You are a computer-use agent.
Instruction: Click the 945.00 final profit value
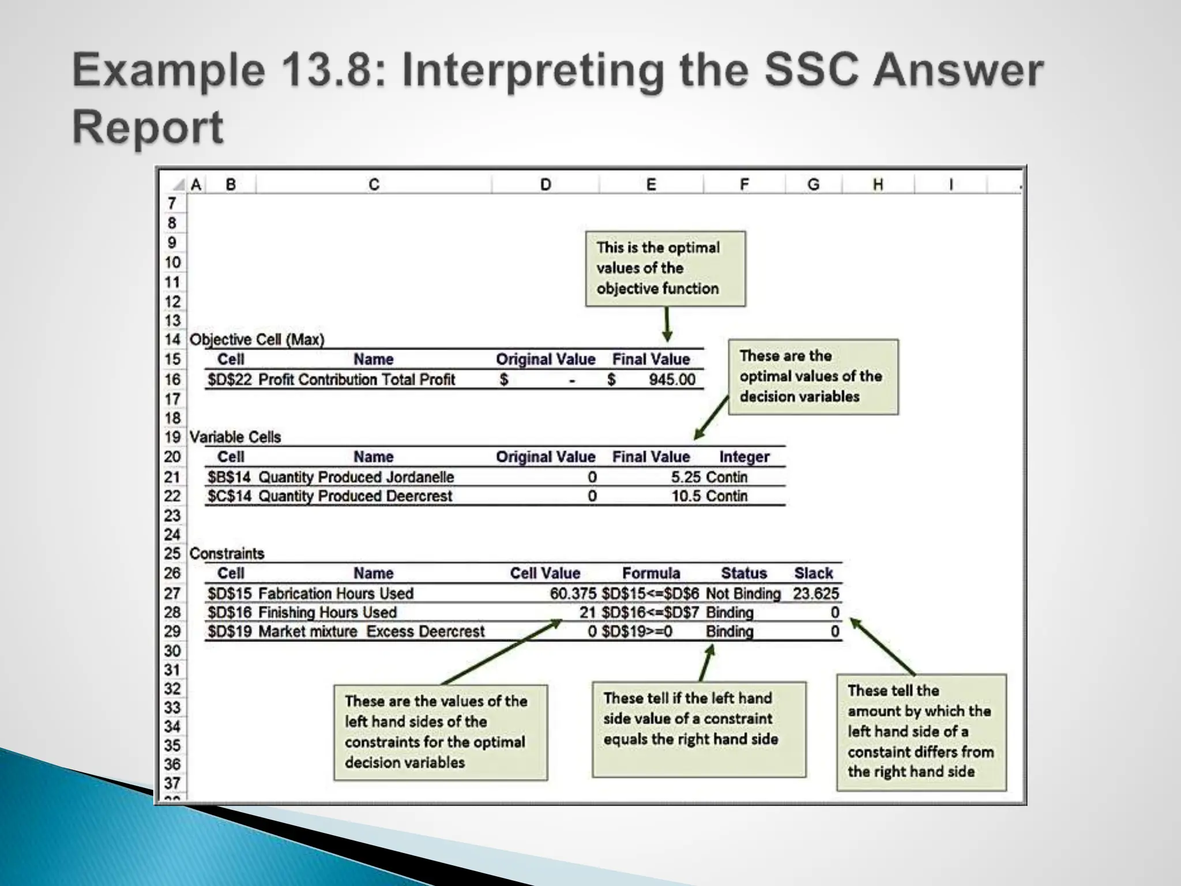click(x=672, y=380)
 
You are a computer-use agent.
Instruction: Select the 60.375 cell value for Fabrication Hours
click(x=573, y=594)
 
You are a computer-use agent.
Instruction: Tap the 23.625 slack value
click(x=815, y=594)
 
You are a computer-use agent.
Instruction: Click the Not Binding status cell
click(x=743, y=594)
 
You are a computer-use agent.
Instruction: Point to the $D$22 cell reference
click(x=230, y=380)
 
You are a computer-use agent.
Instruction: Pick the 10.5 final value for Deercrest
click(x=686, y=496)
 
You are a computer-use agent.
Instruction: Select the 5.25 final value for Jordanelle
click(x=686, y=477)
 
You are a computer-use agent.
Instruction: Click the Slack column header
click(x=813, y=573)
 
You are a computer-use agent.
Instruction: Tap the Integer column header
click(x=744, y=457)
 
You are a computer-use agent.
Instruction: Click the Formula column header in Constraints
click(x=651, y=573)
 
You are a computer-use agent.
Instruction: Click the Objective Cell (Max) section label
click(x=257, y=340)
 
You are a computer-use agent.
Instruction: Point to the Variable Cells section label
click(x=235, y=437)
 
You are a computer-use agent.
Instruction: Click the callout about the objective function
click(x=665, y=269)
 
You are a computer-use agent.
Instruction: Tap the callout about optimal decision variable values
click(x=813, y=377)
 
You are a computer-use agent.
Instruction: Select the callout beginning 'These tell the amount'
click(x=921, y=731)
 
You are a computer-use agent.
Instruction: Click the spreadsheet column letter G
click(x=813, y=185)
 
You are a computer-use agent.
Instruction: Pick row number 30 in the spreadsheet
click(x=172, y=651)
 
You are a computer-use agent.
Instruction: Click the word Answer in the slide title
click(x=958, y=70)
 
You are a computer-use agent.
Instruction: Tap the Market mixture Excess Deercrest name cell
click(x=371, y=632)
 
